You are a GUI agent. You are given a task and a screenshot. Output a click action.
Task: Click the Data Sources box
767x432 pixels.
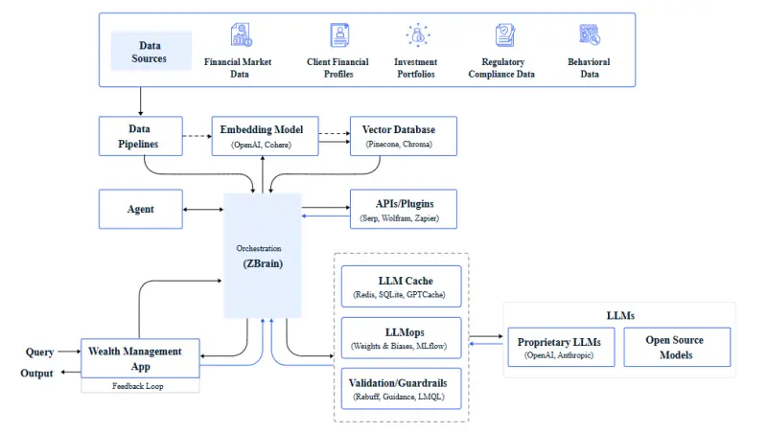coord(151,52)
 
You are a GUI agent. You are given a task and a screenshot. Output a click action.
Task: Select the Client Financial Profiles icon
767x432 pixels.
coord(338,36)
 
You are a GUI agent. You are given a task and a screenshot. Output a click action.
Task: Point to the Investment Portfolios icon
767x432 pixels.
coord(416,36)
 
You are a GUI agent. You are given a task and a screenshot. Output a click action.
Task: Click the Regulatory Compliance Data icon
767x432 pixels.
coord(505,36)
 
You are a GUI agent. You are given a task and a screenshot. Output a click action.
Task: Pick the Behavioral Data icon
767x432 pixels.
coord(590,36)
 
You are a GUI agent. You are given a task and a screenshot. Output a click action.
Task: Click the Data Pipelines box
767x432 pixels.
coord(140,136)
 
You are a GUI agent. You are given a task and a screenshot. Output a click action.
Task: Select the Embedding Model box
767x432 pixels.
coord(263,136)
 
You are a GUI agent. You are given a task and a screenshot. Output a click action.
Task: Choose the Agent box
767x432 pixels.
coord(140,208)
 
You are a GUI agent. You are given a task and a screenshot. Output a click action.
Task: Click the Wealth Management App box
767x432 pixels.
coord(140,358)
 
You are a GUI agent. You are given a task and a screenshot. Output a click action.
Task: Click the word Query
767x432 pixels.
coord(39,352)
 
